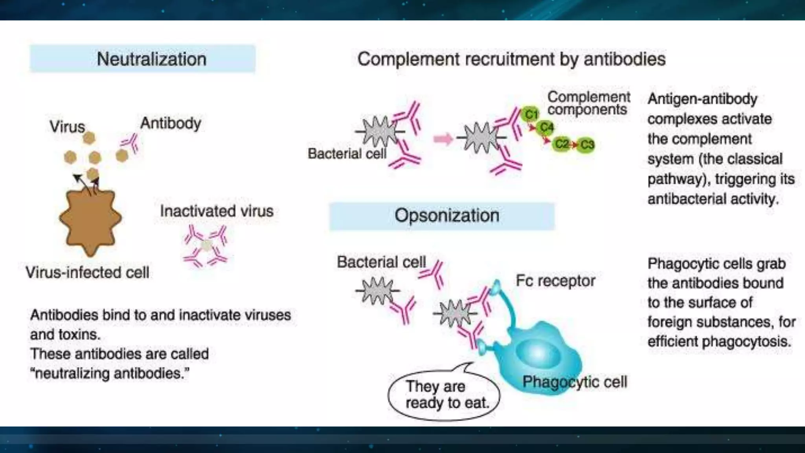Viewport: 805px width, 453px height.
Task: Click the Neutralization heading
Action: [151, 59]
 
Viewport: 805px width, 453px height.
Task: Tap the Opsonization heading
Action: [447, 215]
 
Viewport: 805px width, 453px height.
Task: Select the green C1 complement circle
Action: [531, 114]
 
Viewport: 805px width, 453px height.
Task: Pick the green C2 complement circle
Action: [562, 144]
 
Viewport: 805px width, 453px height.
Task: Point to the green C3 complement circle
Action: [587, 145]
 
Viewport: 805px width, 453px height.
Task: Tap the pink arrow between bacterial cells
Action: [443, 139]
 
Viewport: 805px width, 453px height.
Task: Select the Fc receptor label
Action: [555, 281]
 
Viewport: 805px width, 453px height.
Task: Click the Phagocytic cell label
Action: [574, 382]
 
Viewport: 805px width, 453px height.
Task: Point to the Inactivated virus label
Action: [217, 211]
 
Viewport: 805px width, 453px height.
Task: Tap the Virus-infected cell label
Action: [87, 272]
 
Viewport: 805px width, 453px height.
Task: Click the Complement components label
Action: [588, 103]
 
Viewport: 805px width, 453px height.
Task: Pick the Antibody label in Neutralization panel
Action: [171, 123]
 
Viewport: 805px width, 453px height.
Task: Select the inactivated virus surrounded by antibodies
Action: [206, 246]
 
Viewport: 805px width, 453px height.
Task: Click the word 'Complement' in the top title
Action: [408, 59]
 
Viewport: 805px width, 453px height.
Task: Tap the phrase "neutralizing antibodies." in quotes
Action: [110, 373]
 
